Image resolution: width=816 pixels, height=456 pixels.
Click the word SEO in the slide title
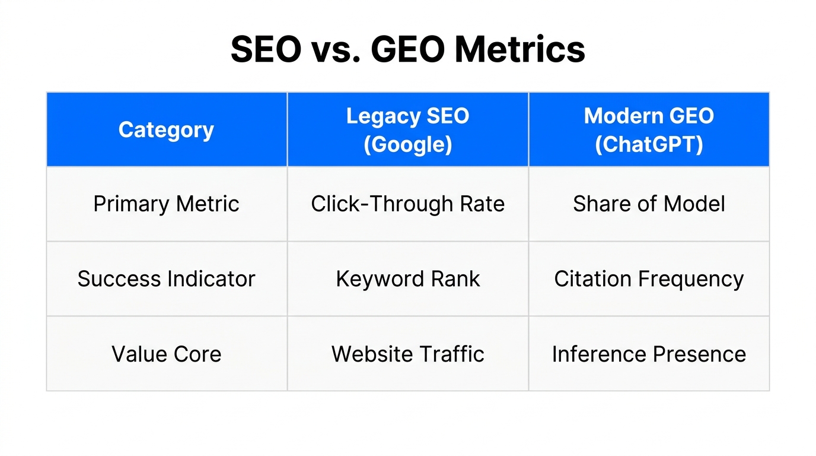coord(266,49)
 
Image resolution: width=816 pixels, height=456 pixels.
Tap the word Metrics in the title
coord(519,49)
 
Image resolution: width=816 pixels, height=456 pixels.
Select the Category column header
coord(166,130)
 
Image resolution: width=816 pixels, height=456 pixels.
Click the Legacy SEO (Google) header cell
coord(407,130)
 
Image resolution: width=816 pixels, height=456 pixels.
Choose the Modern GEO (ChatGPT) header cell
coord(649,130)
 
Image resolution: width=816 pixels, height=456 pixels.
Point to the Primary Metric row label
coord(166,204)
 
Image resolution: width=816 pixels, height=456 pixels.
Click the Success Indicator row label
coord(166,279)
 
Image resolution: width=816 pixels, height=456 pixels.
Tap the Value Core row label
coord(166,354)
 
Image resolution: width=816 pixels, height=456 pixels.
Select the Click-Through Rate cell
coord(407,204)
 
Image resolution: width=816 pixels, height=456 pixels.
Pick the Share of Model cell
coord(649,204)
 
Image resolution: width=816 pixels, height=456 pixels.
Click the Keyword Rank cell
coord(407,279)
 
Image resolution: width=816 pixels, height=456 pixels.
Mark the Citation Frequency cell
coord(649,279)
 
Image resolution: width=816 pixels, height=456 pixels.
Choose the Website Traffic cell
coord(407,354)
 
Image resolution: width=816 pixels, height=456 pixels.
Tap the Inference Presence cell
coord(649,354)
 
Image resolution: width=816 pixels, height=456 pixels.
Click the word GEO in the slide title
coord(407,49)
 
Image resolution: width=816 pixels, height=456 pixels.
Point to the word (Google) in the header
coord(407,144)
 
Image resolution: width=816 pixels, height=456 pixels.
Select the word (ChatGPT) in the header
coord(649,144)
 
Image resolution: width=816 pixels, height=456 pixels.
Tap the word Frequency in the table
coord(696,279)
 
